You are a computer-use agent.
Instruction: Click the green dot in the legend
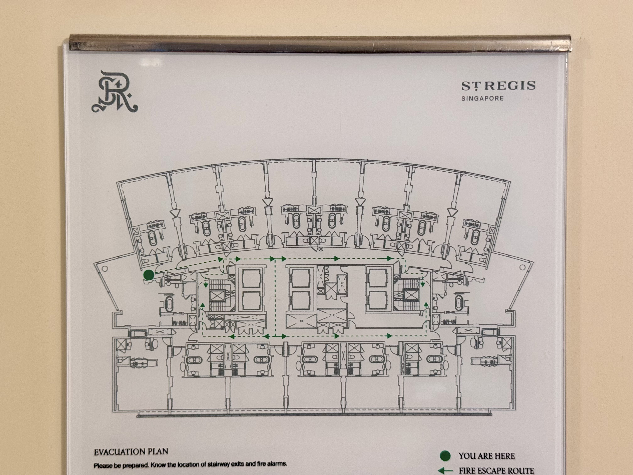click(x=445, y=456)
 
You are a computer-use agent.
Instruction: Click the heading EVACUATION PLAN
click(x=131, y=452)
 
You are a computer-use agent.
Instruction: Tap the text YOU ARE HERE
click(x=487, y=456)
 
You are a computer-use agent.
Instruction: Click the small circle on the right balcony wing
click(x=522, y=267)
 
